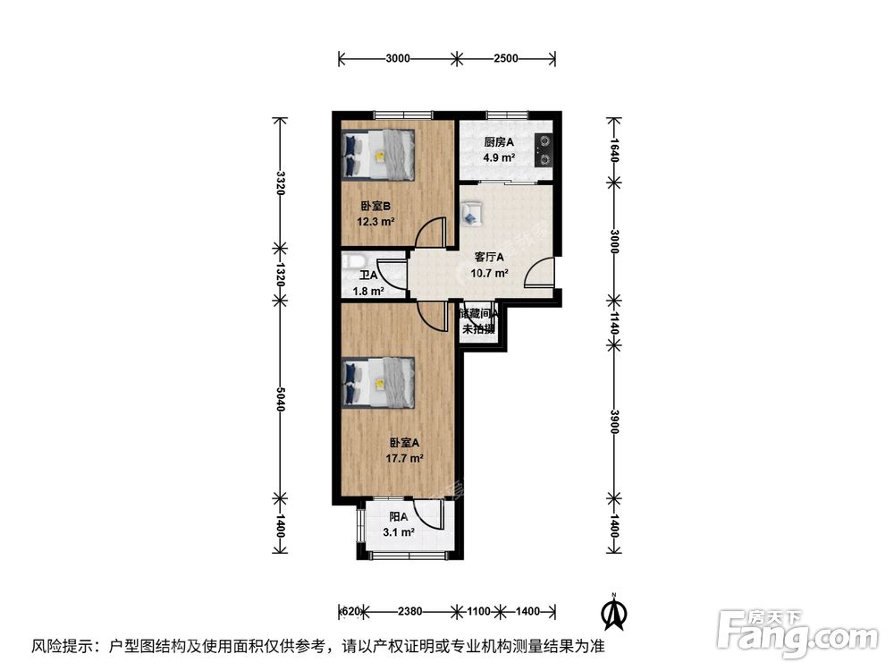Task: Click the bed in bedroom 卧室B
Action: pyautogui.click(x=379, y=155)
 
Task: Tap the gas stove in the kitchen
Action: pyautogui.click(x=543, y=149)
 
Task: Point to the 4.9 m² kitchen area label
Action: pyautogui.click(x=499, y=158)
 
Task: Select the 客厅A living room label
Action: pyautogui.click(x=490, y=258)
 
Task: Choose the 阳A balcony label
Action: pyautogui.click(x=399, y=517)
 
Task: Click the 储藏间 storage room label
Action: pyautogui.click(x=478, y=314)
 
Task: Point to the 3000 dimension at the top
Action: pyautogui.click(x=398, y=59)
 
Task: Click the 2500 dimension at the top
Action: pyautogui.click(x=506, y=59)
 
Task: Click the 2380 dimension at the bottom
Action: pyautogui.click(x=409, y=612)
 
